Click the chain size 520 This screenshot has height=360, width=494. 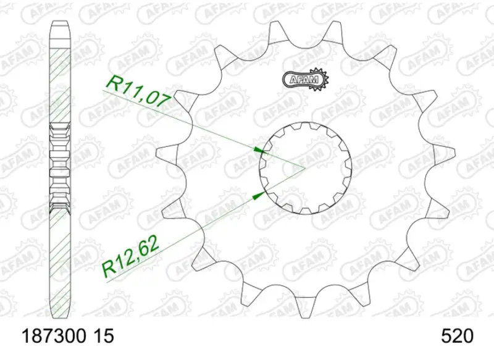tap(457, 337)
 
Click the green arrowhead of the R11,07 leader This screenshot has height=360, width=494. tap(259, 149)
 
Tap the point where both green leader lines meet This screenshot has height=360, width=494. tap(304, 167)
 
